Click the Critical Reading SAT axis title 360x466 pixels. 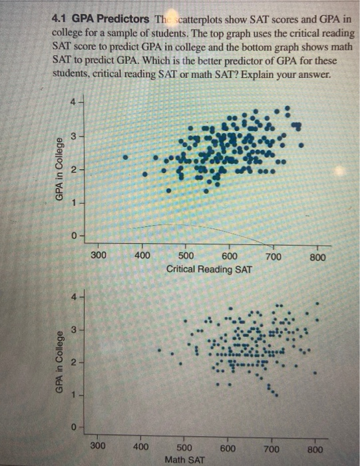[x=211, y=270]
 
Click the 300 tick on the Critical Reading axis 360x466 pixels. [x=98, y=257]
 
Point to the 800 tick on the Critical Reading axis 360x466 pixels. [x=317, y=257]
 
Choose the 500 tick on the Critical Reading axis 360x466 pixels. [x=186, y=257]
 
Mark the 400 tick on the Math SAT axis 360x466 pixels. [x=141, y=446]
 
